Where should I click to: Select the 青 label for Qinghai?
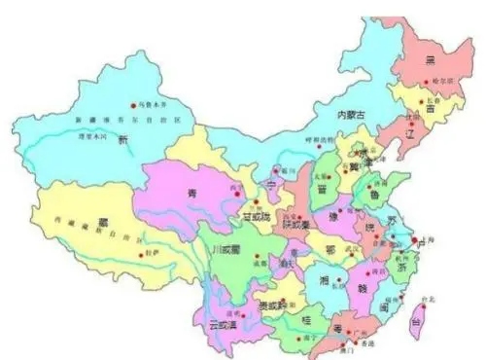coord(192,195)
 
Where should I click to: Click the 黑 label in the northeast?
coord(429,59)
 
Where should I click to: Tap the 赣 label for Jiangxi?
coord(363,287)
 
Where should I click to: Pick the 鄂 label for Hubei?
coord(332,249)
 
